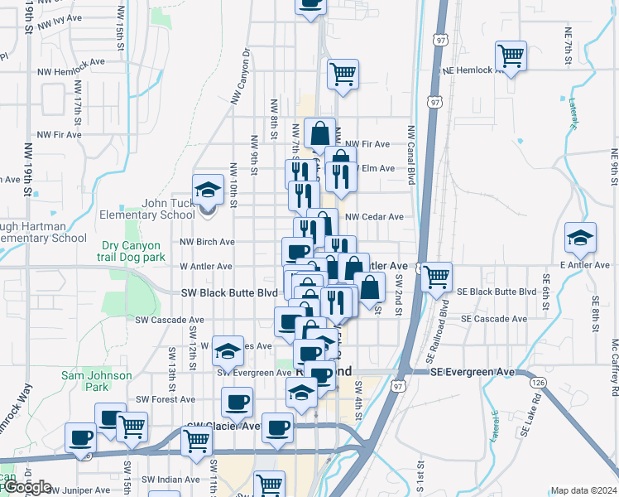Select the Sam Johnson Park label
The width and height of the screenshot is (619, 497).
[97, 381]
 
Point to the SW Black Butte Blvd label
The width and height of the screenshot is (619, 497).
[229, 293]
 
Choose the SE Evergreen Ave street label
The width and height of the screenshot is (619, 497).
[473, 372]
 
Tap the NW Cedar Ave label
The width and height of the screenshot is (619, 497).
[374, 217]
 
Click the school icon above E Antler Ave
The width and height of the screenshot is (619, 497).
[580, 238]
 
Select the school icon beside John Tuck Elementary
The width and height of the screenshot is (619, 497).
[208, 190]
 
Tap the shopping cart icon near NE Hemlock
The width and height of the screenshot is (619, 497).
[511, 56]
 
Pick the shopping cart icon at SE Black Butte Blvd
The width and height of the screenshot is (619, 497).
[435, 277]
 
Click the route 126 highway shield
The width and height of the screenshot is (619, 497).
[539, 383]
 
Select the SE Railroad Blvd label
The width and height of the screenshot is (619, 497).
[444, 318]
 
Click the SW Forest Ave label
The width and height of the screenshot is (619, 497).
[166, 399]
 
